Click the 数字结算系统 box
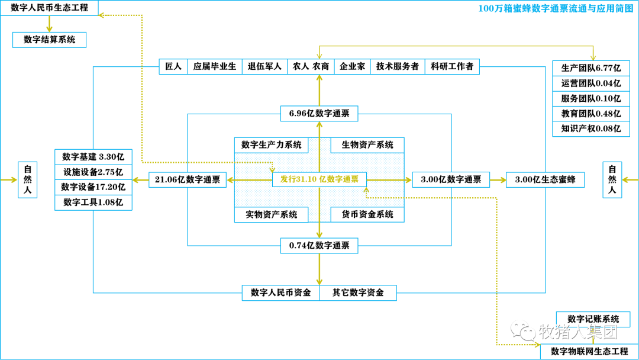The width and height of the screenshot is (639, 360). (x=49, y=40)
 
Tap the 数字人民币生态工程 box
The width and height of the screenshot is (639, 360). (x=49, y=8)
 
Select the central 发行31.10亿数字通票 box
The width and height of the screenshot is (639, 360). (x=319, y=179)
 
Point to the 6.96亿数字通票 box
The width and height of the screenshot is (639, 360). (x=319, y=113)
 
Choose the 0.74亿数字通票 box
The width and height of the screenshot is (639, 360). (x=319, y=246)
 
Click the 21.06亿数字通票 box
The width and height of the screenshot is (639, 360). (x=188, y=179)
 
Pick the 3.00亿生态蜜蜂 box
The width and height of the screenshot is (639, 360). (x=546, y=180)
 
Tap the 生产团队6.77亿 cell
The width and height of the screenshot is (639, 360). (x=591, y=68)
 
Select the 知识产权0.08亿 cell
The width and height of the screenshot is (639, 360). (x=591, y=129)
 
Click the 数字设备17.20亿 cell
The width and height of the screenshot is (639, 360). (x=93, y=187)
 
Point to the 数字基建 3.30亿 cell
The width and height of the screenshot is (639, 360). (x=93, y=157)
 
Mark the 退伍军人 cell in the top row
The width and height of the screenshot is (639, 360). (x=265, y=66)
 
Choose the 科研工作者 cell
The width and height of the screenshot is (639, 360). (x=452, y=66)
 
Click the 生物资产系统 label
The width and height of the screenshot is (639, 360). (x=367, y=145)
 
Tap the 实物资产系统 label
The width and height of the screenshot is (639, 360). (x=272, y=214)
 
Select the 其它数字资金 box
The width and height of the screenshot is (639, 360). (x=358, y=292)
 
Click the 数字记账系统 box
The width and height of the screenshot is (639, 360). (x=593, y=319)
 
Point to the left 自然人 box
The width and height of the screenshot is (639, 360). (x=28, y=180)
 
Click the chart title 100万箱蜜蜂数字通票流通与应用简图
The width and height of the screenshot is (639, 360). (x=556, y=8)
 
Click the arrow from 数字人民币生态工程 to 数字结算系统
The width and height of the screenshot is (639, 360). (x=49, y=24)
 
